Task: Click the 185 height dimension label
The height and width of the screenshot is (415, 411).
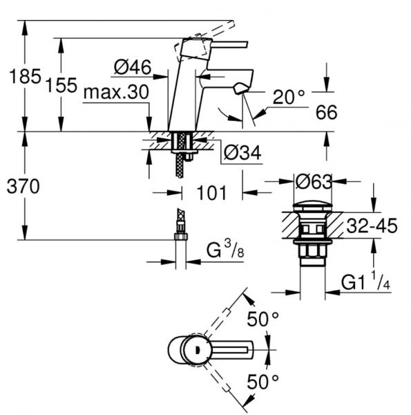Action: [x=25, y=77]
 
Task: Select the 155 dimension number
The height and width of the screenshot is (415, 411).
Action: [x=61, y=85]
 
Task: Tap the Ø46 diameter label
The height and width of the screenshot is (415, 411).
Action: [x=133, y=67]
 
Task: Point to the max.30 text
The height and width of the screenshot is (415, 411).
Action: [x=116, y=93]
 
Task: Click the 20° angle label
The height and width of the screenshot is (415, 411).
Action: [x=289, y=97]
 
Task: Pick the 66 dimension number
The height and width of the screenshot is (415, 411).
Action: [x=327, y=112]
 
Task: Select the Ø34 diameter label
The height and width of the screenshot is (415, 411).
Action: [x=242, y=152]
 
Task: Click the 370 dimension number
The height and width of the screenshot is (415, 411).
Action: [x=23, y=186]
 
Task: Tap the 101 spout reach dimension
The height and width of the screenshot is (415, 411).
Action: [x=211, y=193]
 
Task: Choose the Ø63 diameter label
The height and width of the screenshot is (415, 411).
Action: [x=314, y=182]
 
